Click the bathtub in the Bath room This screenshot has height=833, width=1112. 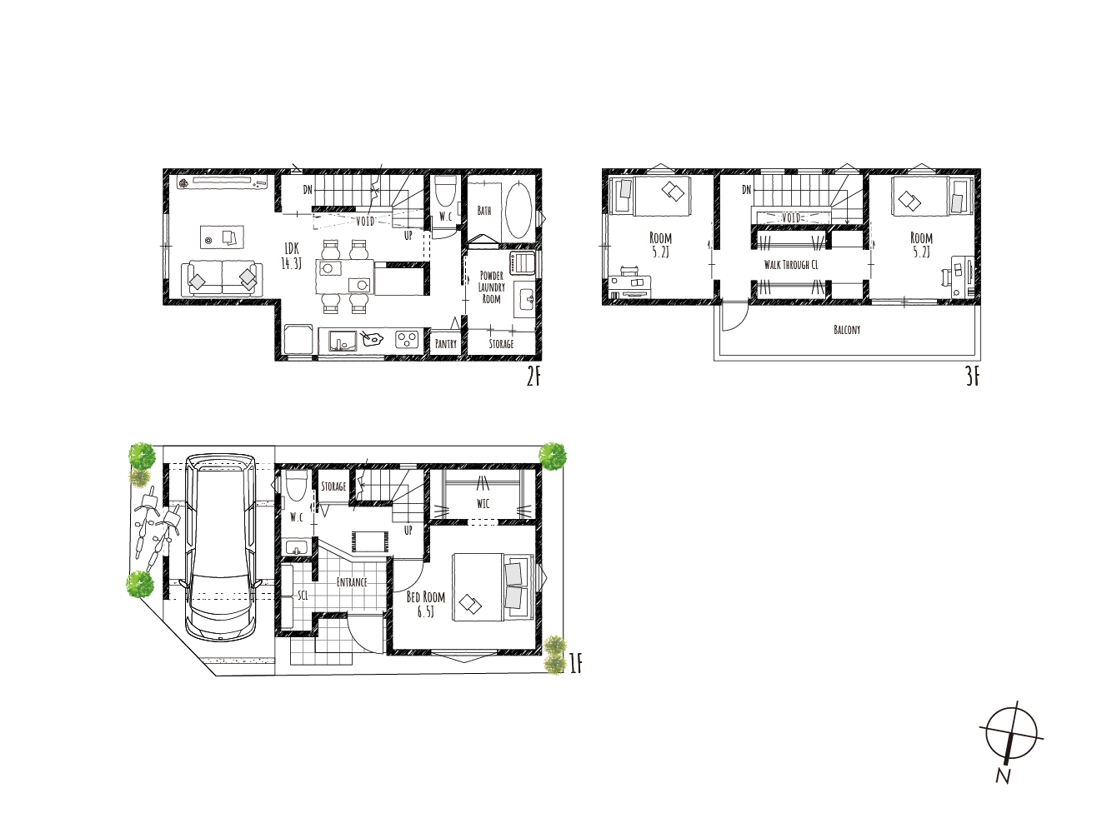(518, 211)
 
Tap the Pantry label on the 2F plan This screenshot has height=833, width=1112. (446, 344)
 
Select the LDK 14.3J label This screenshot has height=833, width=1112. (292, 256)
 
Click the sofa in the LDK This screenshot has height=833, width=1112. (222, 278)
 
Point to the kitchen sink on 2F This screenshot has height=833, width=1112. (343, 341)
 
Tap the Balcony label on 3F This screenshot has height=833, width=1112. (847, 330)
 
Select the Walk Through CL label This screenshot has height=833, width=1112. (791, 264)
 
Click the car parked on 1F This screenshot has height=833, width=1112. (220, 547)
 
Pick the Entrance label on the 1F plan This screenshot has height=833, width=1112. (352, 582)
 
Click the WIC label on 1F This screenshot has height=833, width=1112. (483, 503)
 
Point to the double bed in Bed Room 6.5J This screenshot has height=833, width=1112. (493, 587)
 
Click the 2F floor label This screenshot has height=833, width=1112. (533, 377)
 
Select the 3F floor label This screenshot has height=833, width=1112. (972, 377)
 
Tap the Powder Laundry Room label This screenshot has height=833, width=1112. (492, 287)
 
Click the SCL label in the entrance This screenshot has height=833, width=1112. (303, 595)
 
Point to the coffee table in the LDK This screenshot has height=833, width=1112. (222, 237)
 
